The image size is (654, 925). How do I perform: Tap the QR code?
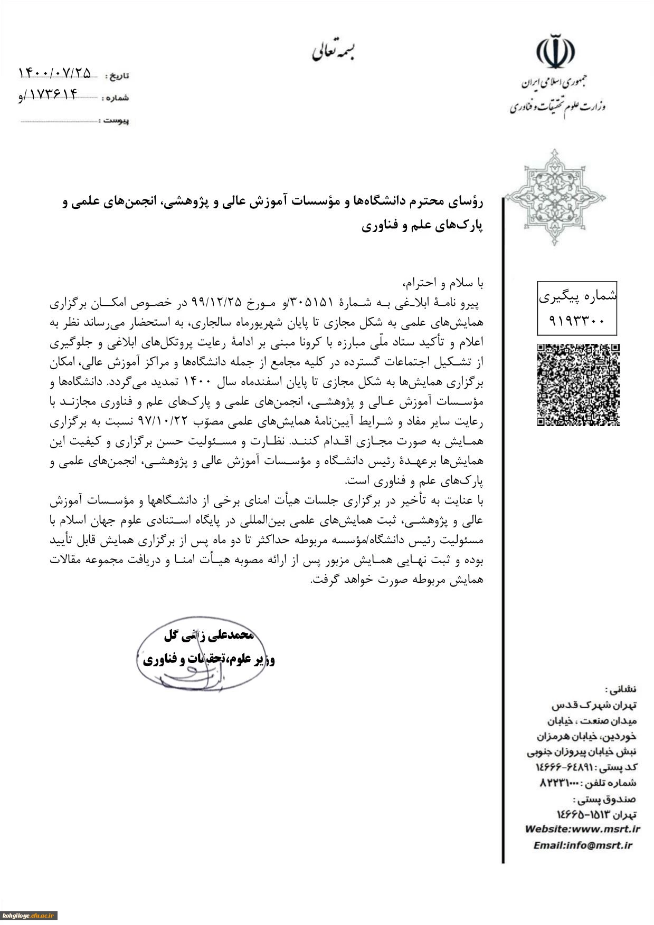pyautogui.click(x=578, y=384)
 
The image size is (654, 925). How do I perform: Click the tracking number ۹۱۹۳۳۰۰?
pyautogui.click(x=576, y=320)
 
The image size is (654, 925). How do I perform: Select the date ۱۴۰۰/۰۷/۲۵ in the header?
pyautogui.click(x=55, y=73)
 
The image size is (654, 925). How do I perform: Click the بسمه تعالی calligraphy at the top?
pyautogui.click(x=333, y=52)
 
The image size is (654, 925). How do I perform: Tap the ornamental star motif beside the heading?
pyautogui.click(x=555, y=198)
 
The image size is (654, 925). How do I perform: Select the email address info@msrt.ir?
pyautogui.click(x=598, y=845)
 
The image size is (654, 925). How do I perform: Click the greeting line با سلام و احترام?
pyautogui.click(x=443, y=283)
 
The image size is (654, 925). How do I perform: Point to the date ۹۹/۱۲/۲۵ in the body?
pyautogui.click(x=216, y=302)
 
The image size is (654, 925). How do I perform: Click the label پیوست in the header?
pyautogui.click(x=116, y=121)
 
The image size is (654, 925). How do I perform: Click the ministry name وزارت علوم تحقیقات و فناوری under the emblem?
pyautogui.click(x=557, y=107)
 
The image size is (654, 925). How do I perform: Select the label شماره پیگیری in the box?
pyautogui.click(x=577, y=297)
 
